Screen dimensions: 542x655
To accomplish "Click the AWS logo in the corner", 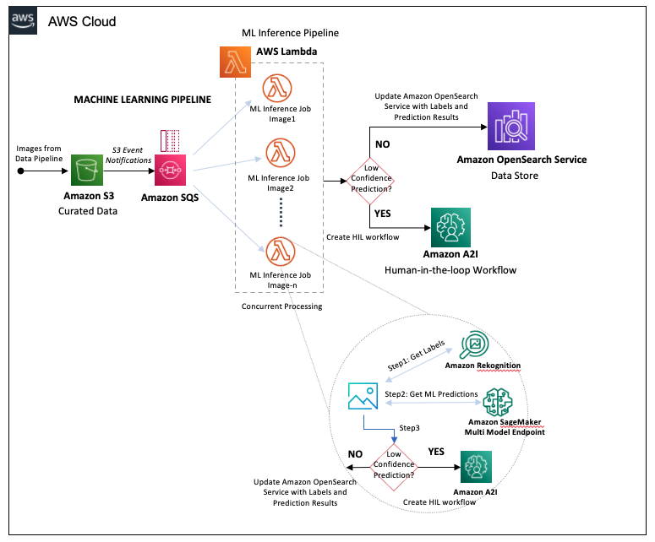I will click(x=23, y=21).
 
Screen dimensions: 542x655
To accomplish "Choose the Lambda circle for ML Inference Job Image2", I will click(x=280, y=154).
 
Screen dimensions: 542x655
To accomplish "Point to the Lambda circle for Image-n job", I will click(x=280, y=252).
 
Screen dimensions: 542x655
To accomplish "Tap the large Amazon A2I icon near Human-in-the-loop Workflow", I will click(x=450, y=226).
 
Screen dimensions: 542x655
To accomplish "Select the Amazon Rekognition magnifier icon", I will click(x=478, y=344).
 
